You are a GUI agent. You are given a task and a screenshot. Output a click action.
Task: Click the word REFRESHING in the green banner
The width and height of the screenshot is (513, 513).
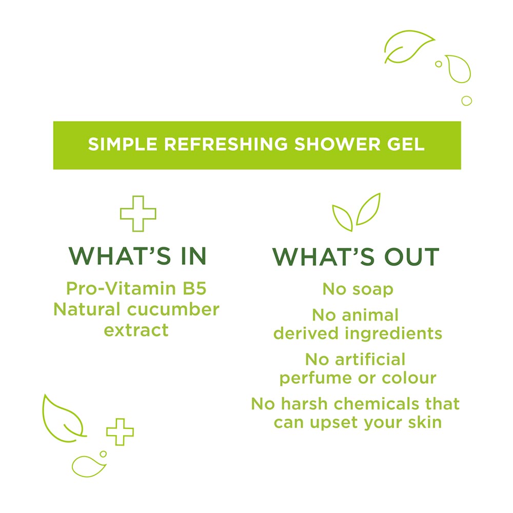click(x=225, y=144)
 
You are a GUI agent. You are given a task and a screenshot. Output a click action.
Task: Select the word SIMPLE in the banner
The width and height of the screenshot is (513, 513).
click(x=123, y=144)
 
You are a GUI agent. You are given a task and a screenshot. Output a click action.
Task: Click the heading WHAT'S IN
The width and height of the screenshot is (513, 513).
click(x=137, y=255)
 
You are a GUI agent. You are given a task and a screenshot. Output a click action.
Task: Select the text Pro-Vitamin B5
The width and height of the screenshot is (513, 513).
click(x=136, y=288)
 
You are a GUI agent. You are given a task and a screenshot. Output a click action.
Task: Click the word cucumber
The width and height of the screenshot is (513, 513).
click(x=173, y=309)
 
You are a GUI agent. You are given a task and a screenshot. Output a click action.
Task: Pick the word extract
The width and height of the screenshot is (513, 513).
click(x=136, y=330)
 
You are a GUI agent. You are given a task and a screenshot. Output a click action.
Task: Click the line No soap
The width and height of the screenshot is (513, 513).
click(x=358, y=289)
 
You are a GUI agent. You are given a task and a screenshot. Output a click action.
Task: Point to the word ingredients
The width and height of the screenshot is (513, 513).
click(x=393, y=334)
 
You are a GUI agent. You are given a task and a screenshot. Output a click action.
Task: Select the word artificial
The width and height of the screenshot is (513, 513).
click(x=370, y=359)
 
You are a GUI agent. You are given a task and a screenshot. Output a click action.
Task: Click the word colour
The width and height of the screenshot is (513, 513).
click(x=409, y=378)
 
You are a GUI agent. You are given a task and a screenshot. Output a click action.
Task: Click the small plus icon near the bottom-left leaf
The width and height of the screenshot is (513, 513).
click(x=120, y=432)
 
